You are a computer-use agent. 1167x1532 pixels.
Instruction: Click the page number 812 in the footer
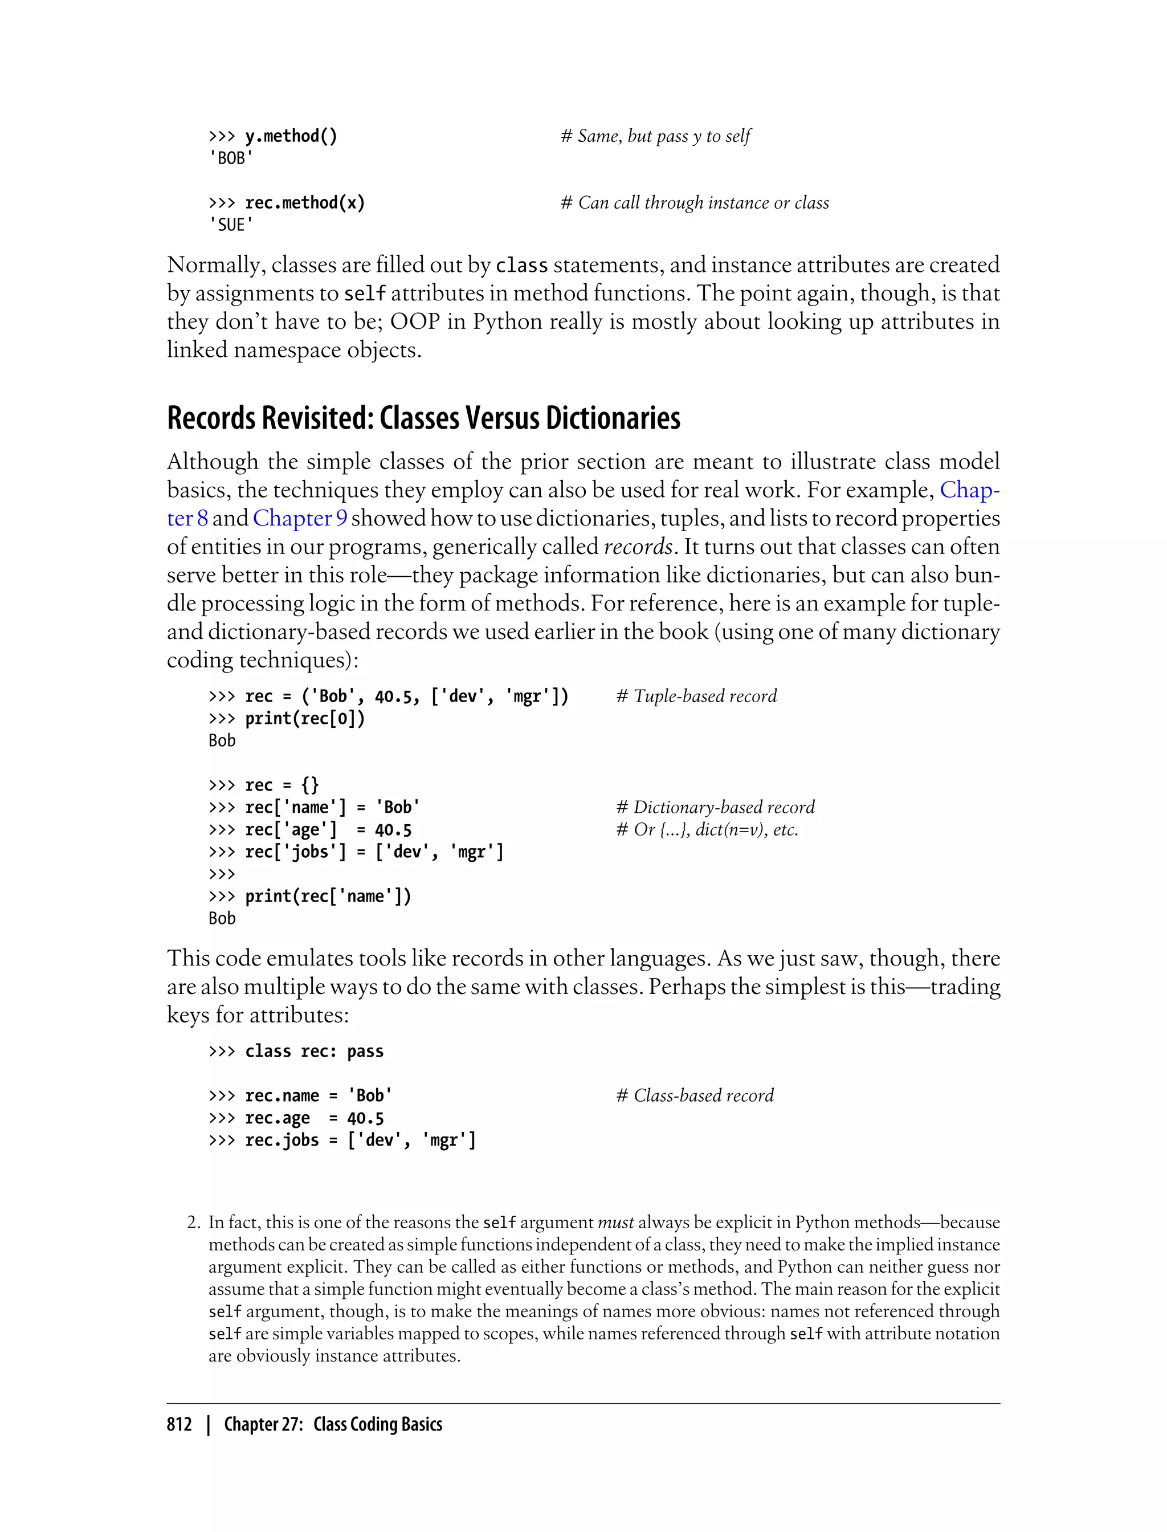[179, 1424]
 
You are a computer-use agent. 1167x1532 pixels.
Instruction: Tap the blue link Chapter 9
[300, 518]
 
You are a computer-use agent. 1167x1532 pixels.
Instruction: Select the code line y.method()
[291, 136]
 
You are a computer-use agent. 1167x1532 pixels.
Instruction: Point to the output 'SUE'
[231, 225]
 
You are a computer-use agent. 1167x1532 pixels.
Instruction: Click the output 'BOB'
[231, 158]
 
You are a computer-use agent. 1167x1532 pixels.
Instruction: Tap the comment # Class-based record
[695, 1095]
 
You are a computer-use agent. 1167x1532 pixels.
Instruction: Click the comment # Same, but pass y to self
[656, 136]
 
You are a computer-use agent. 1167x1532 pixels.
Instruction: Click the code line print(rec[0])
[305, 718]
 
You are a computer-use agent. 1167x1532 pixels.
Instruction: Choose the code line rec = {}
[281, 785]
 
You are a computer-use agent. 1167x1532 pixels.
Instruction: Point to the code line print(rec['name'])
[328, 897]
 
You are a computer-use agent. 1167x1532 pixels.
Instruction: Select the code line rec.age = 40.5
[314, 1118]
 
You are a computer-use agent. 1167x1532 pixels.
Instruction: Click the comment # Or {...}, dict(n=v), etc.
[707, 830]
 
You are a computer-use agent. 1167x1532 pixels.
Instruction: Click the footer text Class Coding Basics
[377, 1424]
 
